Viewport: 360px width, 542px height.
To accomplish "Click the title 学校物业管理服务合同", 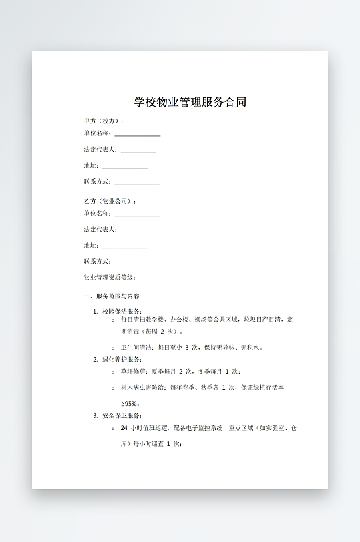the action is coord(190,102).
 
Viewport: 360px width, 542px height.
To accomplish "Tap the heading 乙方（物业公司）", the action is coord(110,201).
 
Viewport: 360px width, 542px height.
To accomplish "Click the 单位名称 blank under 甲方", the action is coord(137,135).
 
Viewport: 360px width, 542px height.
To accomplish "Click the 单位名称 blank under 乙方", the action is coord(137,215).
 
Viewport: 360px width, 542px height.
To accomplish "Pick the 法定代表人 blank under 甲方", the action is coord(138,151).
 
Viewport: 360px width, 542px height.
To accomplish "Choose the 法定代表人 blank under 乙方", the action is coord(138,231).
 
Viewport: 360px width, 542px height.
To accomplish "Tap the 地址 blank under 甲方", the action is coord(125,167).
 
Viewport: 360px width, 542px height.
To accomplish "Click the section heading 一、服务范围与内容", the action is coord(112,296).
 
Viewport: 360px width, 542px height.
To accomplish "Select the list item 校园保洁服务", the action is coord(122,312).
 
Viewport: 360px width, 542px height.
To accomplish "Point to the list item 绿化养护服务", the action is coord(122,360).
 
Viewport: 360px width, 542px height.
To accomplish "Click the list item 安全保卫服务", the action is coord(122,416).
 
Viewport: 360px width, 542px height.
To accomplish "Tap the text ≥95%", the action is coord(130,403).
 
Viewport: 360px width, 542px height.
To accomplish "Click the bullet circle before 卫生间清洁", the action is coord(113,348).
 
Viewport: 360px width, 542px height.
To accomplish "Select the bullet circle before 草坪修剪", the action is coord(113,372).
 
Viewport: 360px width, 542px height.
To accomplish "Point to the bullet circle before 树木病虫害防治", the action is coord(113,388).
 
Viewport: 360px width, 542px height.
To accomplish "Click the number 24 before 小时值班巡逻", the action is coord(124,427).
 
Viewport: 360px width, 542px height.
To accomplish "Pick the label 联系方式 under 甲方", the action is coord(98,182).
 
